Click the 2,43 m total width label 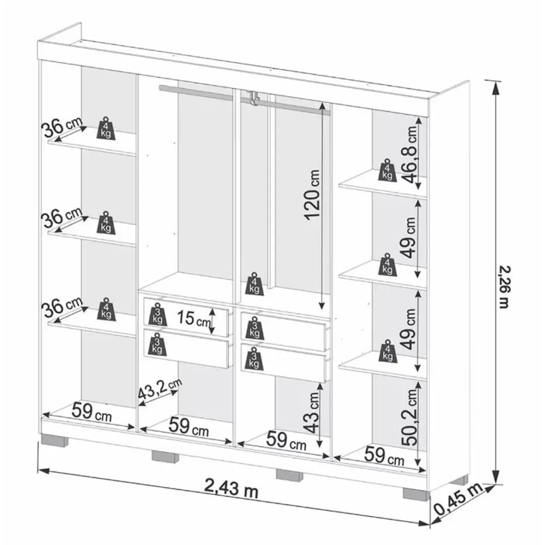tap(231, 487)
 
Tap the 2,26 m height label tap(504, 287)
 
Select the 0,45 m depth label tap(458, 499)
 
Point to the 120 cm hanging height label tap(312, 195)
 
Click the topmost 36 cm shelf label tap(62, 126)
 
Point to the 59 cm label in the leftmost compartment tap(92, 412)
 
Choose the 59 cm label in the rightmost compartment tap(384, 456)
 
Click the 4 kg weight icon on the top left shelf tap(106, 129)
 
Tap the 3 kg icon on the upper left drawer tap(158, 314)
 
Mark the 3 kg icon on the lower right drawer tap(254, 358)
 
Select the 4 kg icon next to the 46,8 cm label tap(387, 170)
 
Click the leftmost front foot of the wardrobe tap(54, 440)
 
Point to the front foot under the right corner tap(416, 494)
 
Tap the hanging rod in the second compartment tap(196, 92)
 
